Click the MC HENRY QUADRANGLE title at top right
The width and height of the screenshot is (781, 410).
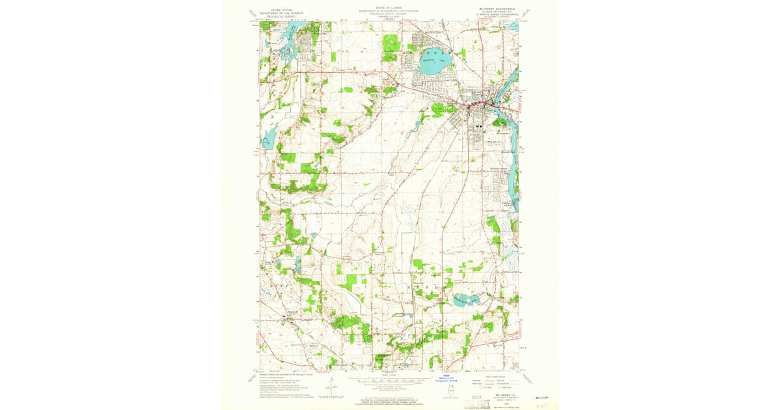coord(494,8)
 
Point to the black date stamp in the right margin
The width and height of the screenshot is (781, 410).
coord(538,396)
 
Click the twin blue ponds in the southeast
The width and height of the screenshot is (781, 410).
coord(466,300)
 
